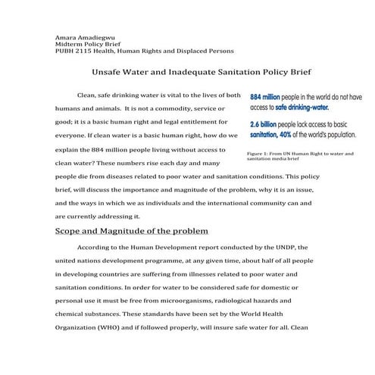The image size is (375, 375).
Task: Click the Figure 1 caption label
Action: click(261, 154)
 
